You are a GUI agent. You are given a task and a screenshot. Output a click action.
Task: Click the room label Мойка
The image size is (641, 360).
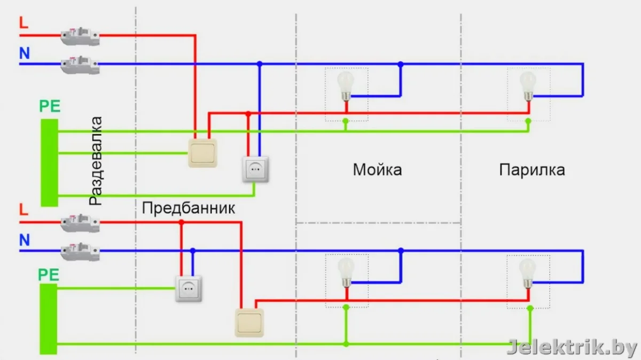point(377,170)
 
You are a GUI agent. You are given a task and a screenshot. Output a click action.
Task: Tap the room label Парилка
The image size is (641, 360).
point(532,170)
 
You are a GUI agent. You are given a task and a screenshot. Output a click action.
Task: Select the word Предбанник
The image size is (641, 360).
point(189,208)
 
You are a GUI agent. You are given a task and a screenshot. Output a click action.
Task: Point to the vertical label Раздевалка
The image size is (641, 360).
point(96,160)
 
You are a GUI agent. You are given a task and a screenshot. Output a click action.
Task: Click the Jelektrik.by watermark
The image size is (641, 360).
point(572,348)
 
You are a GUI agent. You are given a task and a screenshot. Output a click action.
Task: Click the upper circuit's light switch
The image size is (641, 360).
point(203,153)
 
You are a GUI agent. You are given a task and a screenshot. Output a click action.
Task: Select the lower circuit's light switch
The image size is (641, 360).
point(250,323)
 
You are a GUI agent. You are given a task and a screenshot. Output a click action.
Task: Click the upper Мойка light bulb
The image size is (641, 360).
point(346,85)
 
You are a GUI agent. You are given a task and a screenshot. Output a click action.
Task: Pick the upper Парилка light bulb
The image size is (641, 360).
point(528,85)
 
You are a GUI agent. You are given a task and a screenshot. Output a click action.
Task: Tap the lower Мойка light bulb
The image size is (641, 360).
point(346,271)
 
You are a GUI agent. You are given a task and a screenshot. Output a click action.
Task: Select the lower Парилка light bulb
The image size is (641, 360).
point(528,271)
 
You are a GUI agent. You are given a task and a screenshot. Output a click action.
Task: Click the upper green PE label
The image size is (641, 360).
point(49,106)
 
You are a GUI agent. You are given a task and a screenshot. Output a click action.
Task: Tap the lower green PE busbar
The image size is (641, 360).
point(49,319)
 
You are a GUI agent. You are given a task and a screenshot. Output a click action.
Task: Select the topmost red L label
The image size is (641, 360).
point(23,23)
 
